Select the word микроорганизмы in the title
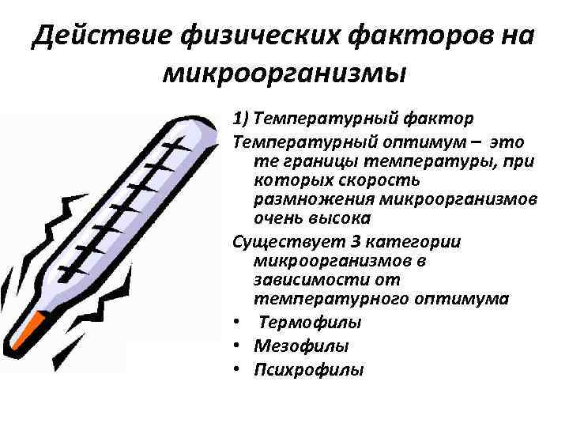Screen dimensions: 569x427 point(284,74)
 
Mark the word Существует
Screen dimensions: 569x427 point(277,243)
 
